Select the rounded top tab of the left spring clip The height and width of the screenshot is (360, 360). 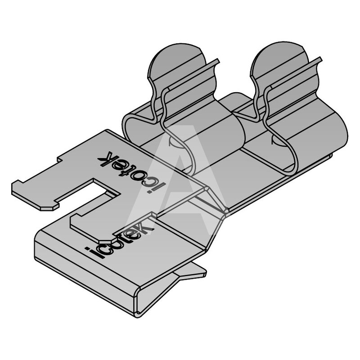[176, 62]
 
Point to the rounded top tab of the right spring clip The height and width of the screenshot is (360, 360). [279, 60]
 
